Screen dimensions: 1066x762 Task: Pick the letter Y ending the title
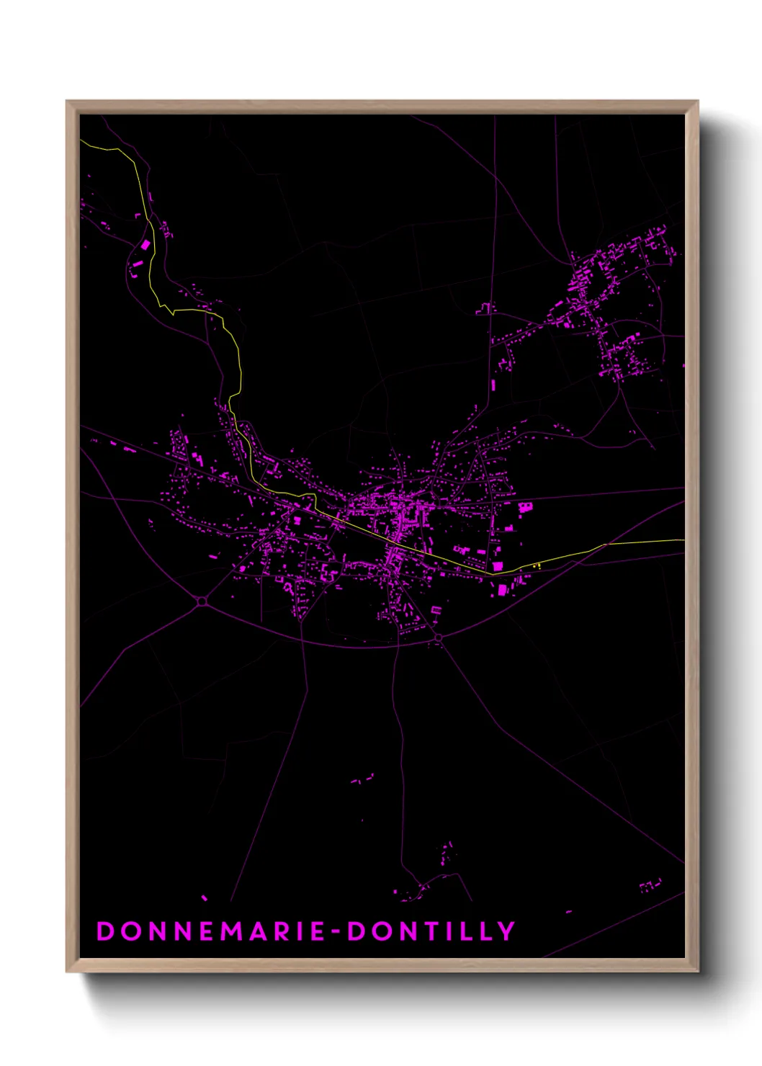point(506,931)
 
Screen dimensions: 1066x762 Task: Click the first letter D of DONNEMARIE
point(105,931)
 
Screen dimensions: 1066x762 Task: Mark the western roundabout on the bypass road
point(202,601)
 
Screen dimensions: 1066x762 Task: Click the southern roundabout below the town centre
point(438,638)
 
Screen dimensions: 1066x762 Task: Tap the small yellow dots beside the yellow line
point(537,565)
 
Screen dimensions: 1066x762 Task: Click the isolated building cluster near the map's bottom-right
point(651,885)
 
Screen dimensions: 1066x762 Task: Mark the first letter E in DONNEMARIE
point(205,931)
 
